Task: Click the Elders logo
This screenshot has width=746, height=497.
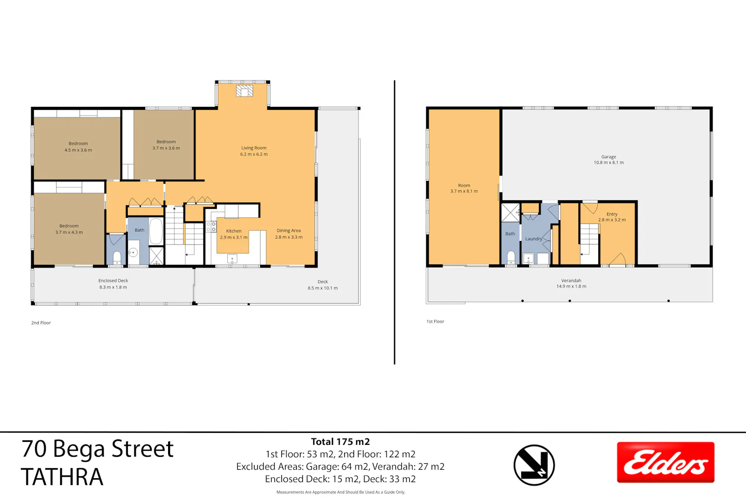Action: [665, 462]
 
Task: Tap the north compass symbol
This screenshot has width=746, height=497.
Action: [534, 465]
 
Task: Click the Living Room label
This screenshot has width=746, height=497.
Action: [254, 148]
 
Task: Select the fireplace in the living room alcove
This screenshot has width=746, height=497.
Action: [245, 91]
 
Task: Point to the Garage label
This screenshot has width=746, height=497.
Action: [608, 157]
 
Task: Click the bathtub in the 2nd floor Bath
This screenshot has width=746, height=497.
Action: [156, 232]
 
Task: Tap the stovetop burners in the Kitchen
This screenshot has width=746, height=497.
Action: [211, 227]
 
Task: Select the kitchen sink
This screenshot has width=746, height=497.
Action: [232, 258]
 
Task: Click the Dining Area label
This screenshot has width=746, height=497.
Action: [289, 230]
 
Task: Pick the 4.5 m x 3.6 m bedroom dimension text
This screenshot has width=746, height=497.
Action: [78, 150]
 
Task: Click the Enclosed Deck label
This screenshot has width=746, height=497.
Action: [113, 281]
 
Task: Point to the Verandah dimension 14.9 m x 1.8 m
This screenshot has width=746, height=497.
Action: [571, 286]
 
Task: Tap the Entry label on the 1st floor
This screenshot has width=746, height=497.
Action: [612, 214]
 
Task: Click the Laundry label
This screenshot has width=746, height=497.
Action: [534, 239]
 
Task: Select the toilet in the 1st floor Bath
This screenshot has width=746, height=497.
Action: [511, 257]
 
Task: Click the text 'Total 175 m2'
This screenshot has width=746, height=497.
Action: [340, 442]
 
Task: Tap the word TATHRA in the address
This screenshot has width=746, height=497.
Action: [62, 477]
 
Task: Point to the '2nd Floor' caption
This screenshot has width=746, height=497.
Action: [41, 323]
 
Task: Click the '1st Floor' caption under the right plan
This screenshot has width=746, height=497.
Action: [435, 321]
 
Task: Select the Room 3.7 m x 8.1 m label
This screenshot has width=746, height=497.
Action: [464, 188]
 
